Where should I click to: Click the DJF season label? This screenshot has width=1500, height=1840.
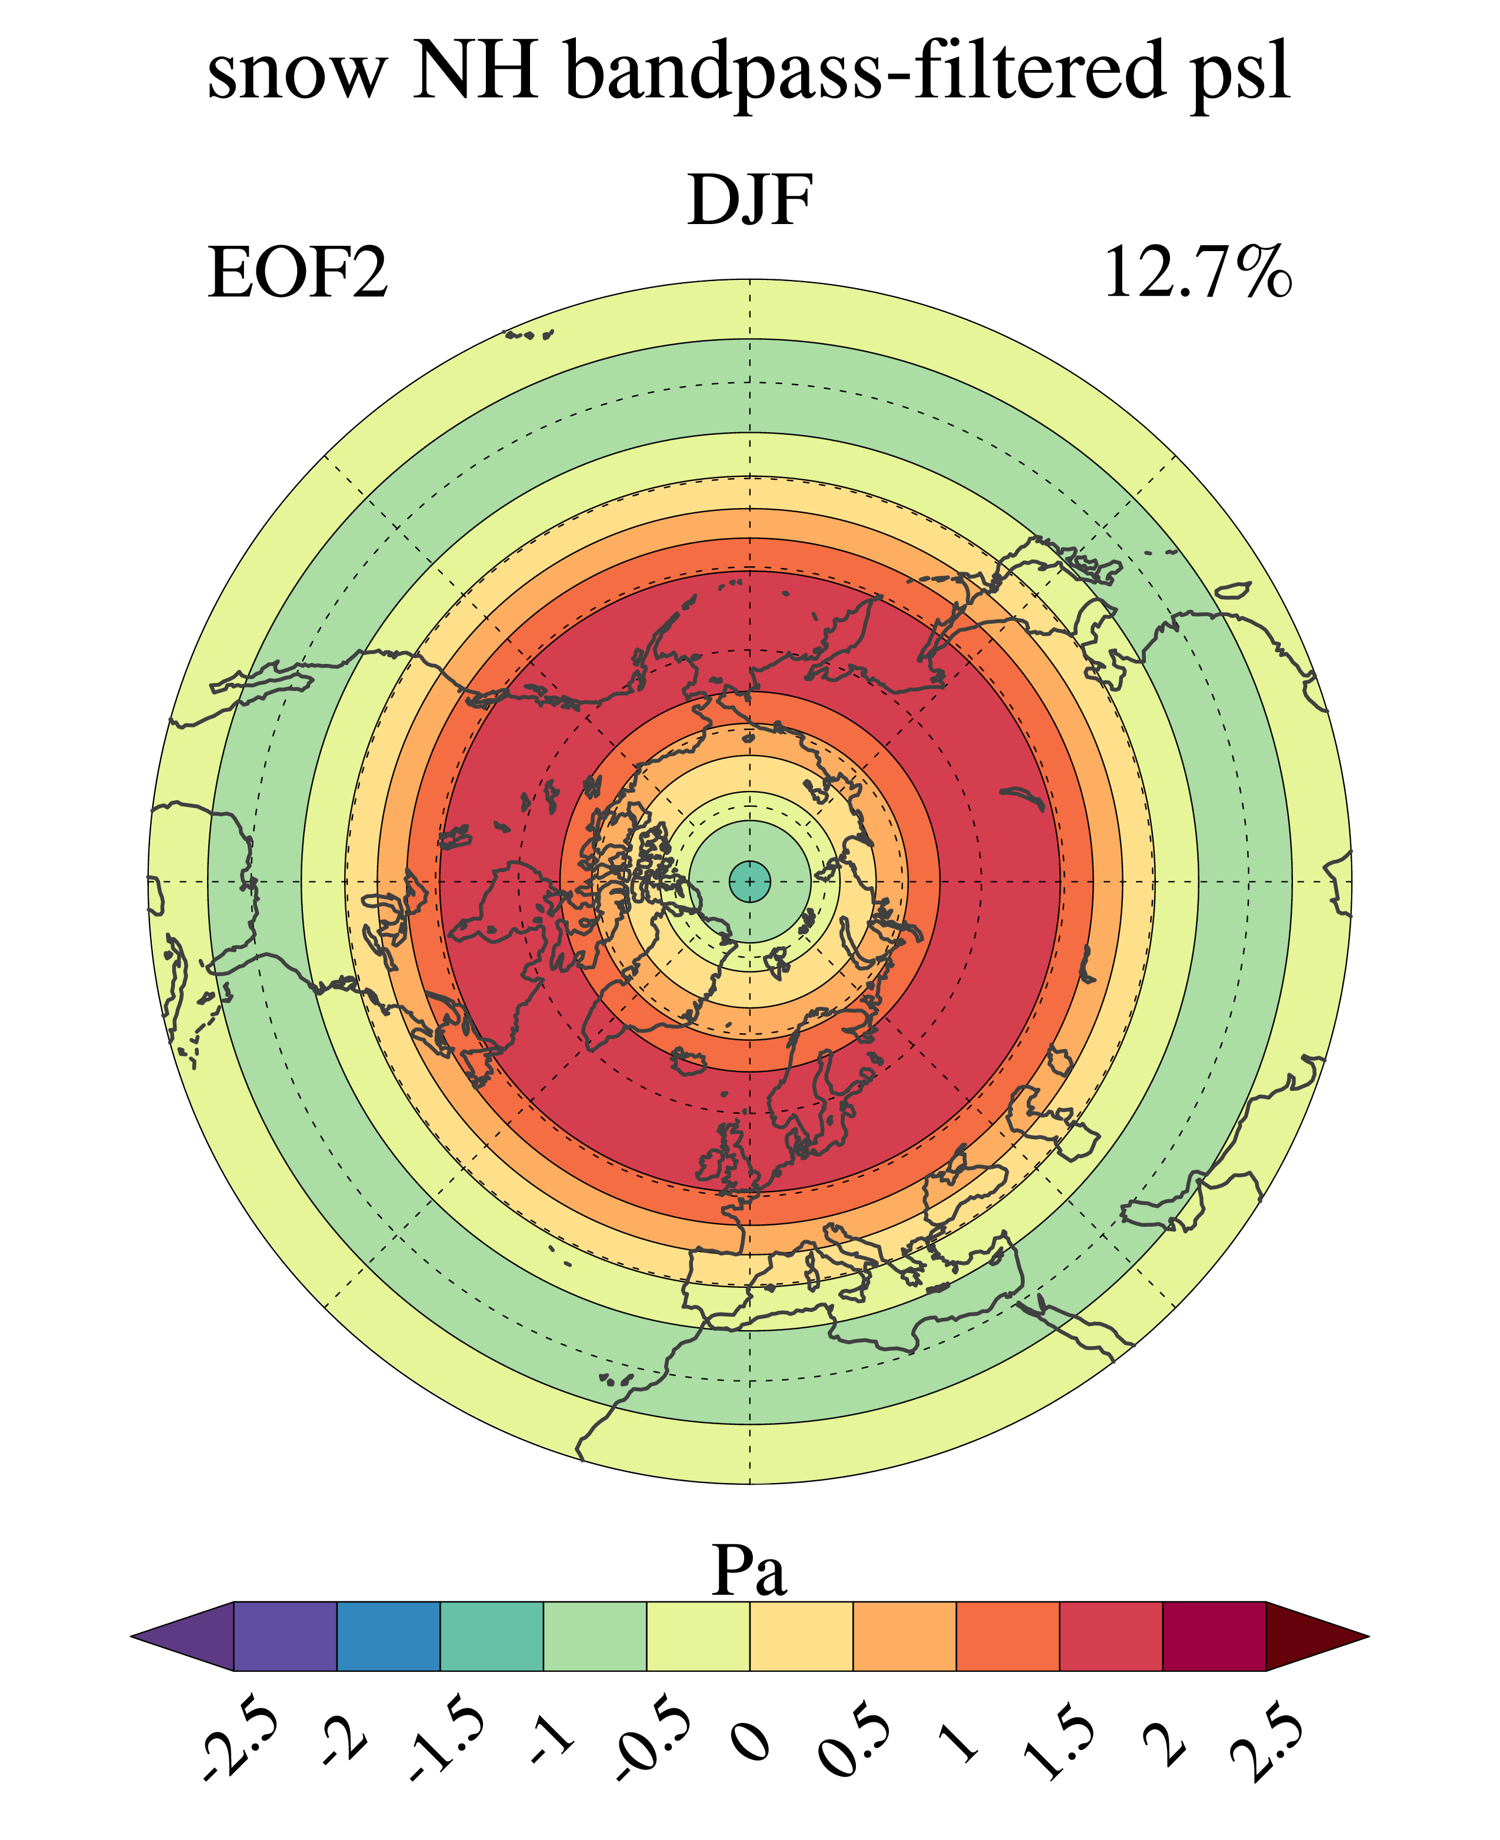coord(750,201)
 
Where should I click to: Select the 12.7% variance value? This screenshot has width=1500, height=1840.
coord(1198,273)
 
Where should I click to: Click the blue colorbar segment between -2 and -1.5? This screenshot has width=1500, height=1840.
coord(388,1636)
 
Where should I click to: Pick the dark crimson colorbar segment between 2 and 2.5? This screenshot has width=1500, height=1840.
coord(1214,1636)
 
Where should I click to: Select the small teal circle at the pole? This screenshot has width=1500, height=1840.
coord(749,881)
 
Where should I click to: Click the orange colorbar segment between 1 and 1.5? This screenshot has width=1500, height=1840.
coord(1008,1636)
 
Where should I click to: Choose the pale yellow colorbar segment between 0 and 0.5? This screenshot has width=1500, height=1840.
coord(801,1636)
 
